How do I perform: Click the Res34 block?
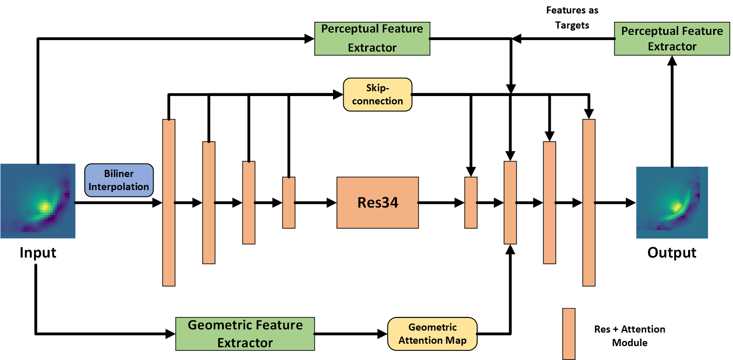[377, 202]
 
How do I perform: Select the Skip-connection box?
[377, 94]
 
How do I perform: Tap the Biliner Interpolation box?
[119, 180]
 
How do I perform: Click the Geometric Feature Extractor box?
[245, 334]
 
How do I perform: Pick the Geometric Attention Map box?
[432, 334]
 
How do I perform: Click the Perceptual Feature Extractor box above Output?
[671, 39]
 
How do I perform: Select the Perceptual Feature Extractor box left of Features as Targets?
[372, 39]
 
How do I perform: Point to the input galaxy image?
[38, 201]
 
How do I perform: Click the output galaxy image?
[671, 202]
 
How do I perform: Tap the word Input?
[38, 253]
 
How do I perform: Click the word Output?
[671, 253]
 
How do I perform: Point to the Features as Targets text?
[572, 18]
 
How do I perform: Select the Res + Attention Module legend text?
[629, 336]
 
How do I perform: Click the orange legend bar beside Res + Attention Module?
[569, 334]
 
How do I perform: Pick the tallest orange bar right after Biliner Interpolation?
[169, 202]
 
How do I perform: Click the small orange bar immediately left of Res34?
[289, 202]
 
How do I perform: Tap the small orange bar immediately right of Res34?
[471, 202]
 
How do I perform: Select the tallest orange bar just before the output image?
[589, 202]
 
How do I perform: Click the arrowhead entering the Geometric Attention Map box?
[383, 334]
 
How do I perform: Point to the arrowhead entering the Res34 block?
[332, 203]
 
